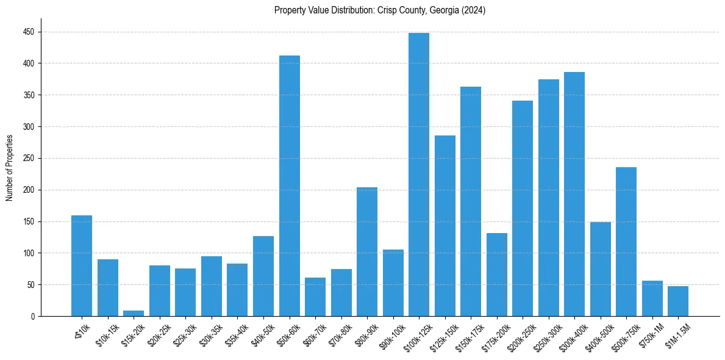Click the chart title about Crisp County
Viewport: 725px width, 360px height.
point(379,10)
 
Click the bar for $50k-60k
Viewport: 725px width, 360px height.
point(290,186)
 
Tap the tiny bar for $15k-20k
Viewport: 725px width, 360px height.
point(134,314)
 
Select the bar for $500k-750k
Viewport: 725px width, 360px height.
point(626,242)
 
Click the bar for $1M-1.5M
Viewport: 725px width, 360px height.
point(678,301)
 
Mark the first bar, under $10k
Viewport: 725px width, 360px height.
point(82,266)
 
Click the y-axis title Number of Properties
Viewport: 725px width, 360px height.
point(10,168)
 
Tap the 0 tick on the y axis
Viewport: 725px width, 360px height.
point(34,316)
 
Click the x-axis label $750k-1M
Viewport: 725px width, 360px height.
point(651,336)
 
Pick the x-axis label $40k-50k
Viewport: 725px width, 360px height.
point(262,336)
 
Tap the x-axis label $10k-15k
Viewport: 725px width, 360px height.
point(106,336)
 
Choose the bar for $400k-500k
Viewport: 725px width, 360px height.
point(601,269)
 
